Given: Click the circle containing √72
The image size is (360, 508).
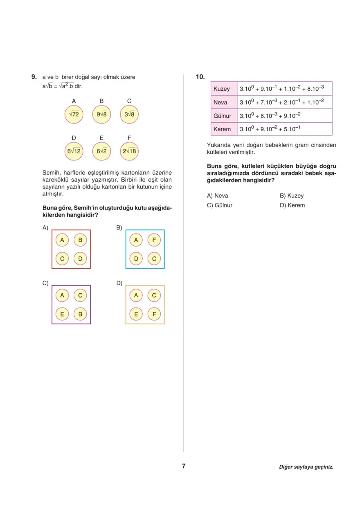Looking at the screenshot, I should (74, 115).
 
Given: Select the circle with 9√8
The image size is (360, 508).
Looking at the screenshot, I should (101, 115).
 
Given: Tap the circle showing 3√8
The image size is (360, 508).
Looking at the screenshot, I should (129, 115).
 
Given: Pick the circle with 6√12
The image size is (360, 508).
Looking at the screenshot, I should (74, 151).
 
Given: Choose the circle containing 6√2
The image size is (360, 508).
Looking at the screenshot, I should (101, 151).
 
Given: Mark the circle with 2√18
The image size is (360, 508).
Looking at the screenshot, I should (129, 151).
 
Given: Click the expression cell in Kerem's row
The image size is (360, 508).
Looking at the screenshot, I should (284, 129).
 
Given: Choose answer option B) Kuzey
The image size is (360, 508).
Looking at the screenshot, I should (292, 196).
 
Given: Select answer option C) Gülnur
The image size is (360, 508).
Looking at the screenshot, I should (220, 205).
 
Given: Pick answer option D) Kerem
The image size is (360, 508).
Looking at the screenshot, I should (292, 205).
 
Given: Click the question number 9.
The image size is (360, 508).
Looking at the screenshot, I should (34, 77).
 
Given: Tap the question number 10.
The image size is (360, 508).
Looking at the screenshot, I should (200, 77).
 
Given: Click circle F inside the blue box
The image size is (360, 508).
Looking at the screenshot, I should (154, 241).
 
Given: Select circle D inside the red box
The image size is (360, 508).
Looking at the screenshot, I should (80, 258).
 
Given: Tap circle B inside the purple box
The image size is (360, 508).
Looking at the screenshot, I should (80, 314).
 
